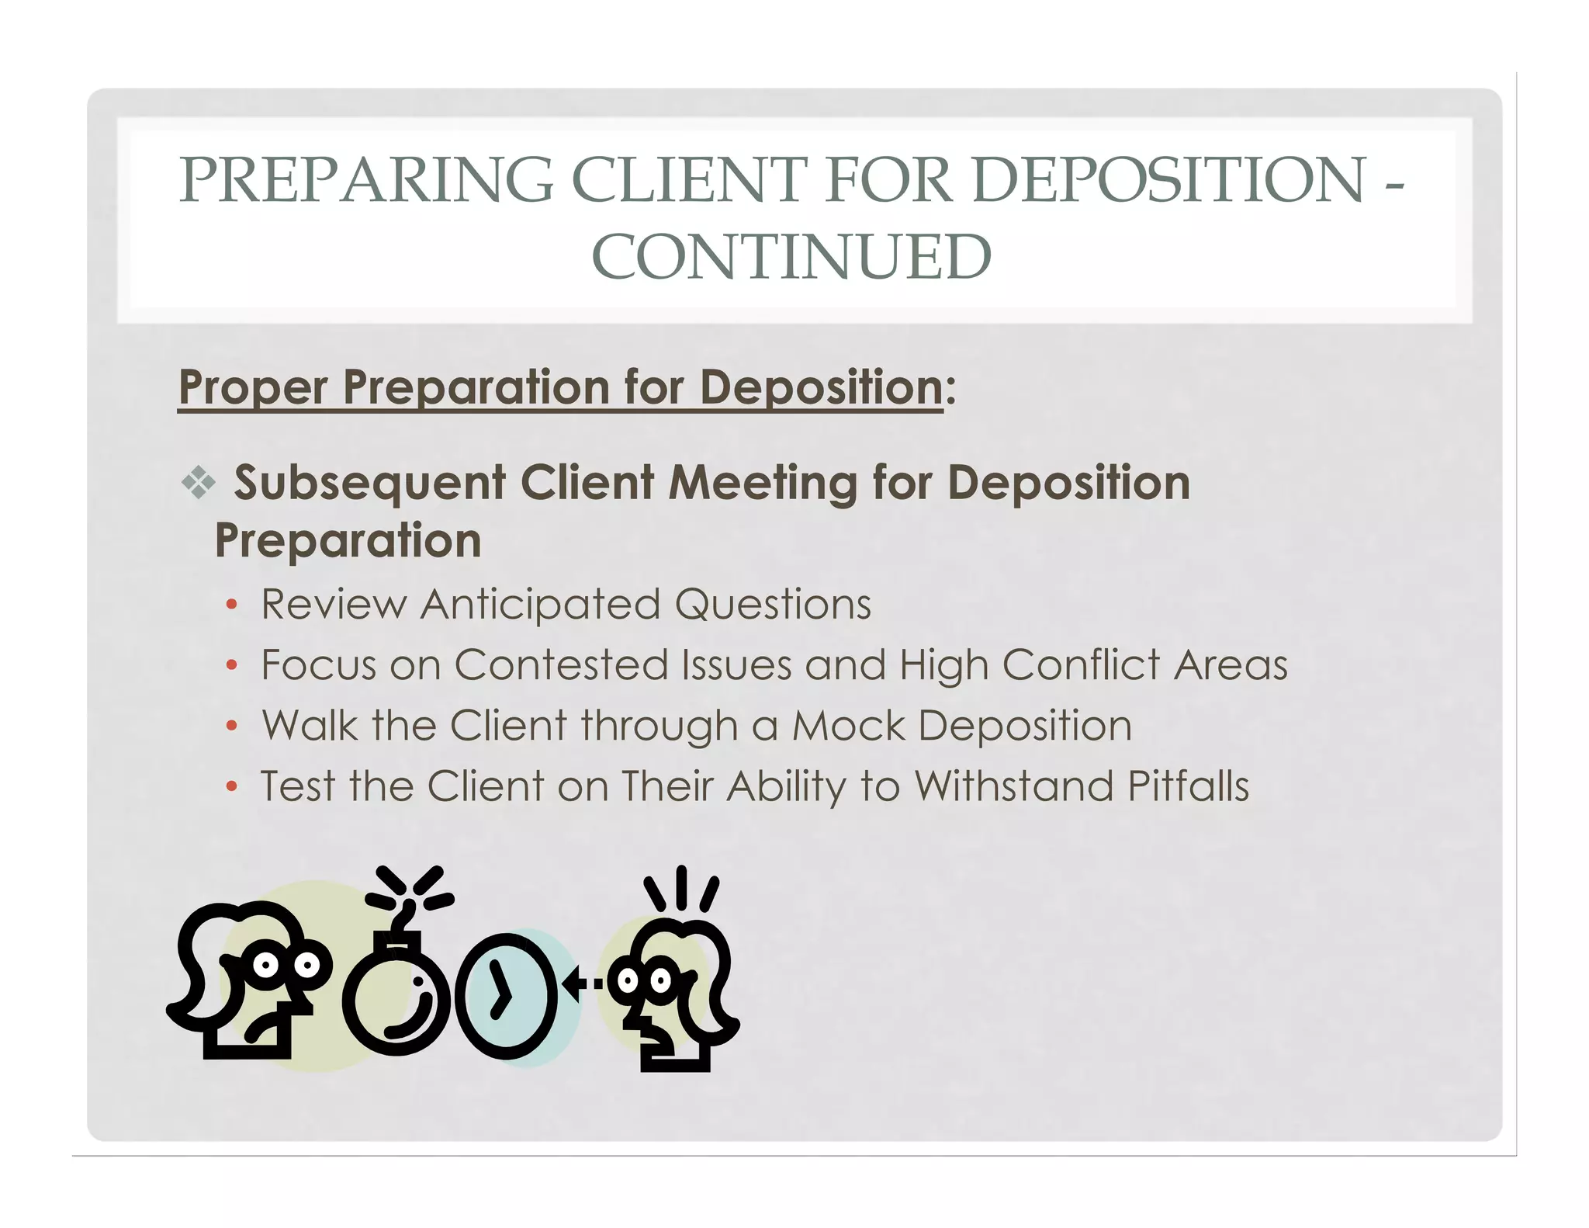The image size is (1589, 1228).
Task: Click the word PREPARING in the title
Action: tap(366, 180)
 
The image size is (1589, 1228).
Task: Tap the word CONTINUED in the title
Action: tap(791, 258)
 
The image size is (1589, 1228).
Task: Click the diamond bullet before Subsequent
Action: tap(199, 483)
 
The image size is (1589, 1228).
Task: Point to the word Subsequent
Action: tap(370, 483)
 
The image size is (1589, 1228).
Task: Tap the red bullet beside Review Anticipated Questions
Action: tap(231, 605)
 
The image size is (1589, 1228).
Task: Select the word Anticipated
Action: tap(540, 605)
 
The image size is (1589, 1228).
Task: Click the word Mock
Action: tap(849, 726)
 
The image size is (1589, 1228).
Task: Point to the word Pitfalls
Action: tap(1188, 786)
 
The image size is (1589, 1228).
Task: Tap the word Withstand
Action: tap(1013, 786)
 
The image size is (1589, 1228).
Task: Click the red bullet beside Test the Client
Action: tap(231, 787)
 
